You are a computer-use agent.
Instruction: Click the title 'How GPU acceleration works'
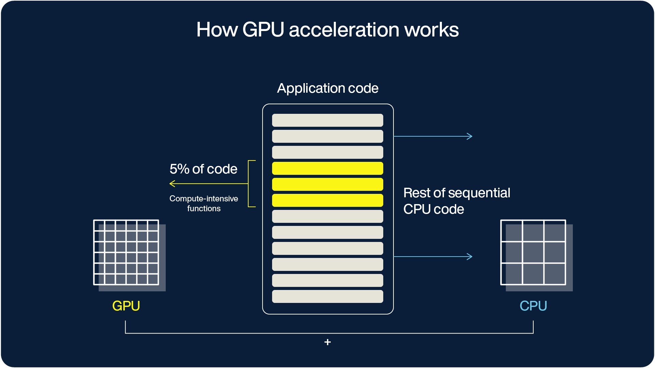coord(327,30)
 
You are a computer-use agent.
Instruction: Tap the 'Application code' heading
coord(327,88)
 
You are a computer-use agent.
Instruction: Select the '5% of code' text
coord(203,169)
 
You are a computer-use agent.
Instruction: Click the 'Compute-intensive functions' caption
coord(204,203)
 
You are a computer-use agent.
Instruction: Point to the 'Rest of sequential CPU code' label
coord(456,201)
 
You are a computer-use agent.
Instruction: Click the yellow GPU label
coord(126,306)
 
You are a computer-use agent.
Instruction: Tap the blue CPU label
coord(533,306)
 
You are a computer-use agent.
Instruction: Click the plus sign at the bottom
coord(327,342)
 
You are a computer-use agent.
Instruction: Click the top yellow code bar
coord(327,168)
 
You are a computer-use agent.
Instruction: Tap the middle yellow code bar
coord(327,184)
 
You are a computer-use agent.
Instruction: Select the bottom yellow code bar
coord(327,200)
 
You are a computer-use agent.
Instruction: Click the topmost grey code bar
coord(327,120)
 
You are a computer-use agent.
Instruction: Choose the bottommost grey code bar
coord(327,296)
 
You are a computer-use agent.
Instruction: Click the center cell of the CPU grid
coord(533,252)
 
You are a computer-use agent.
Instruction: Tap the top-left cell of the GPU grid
coord(99,226)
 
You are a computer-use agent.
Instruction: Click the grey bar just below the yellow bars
coord(327,216)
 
